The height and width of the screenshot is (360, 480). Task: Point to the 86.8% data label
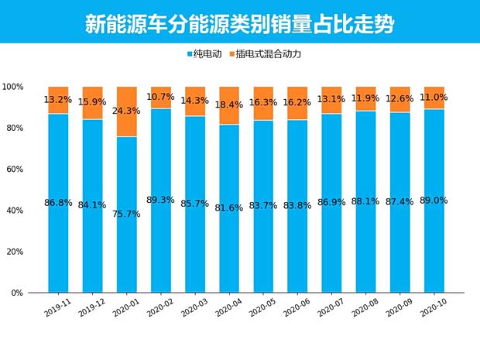tap(58, 203)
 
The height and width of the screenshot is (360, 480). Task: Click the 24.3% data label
tap(127, 111)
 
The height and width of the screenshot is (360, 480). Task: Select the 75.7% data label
tap(127, 214)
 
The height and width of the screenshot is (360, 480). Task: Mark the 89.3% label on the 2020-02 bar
tap(161, 199)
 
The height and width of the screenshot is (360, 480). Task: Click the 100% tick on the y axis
tap(13, 87)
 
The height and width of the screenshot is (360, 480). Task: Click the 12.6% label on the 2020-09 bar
tap(400, 98)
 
